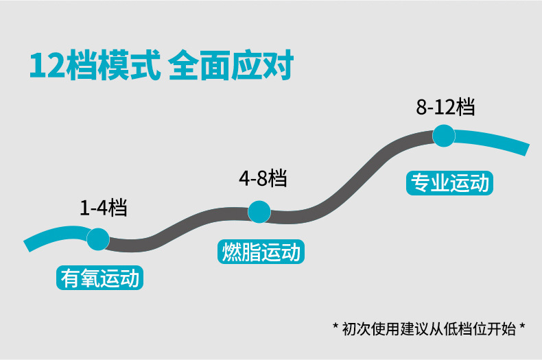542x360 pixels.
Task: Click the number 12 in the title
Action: pos(47,67)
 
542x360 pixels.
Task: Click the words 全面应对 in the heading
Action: pos(230,67)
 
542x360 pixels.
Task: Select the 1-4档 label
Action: pos(103,207)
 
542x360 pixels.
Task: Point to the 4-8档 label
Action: pos(263,179)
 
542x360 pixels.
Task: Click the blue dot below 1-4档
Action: pos(98,239)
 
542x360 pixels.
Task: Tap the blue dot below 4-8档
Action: pos(259,212)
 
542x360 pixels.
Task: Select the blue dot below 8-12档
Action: pos(444,135)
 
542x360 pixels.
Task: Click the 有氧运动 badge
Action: pos(100,279)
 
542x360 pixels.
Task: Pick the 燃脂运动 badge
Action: pos(261,252)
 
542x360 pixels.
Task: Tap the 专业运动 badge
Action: pos(449,184)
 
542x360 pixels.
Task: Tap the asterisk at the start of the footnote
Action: pos(335,326)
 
